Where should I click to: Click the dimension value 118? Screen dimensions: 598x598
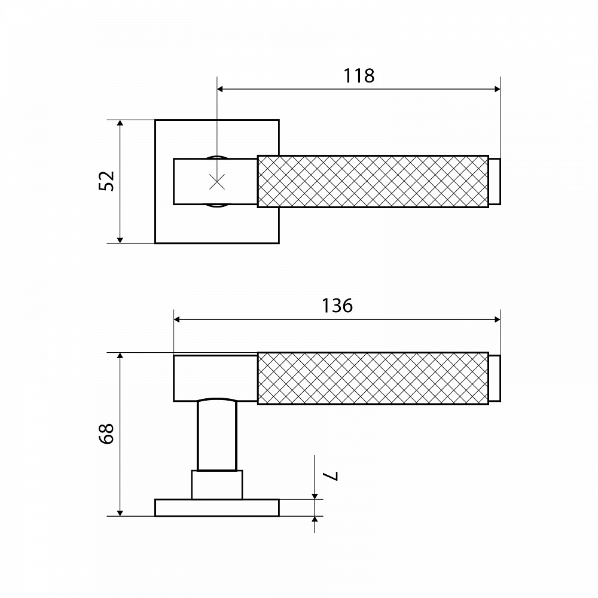[x=359, y=76]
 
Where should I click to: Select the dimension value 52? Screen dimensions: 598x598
[x=107, y=181]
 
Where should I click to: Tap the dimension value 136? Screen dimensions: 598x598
[x=337, y=306]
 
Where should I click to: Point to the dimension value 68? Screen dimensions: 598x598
[x=107, y=433]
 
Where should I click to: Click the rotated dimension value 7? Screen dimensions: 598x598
[x=330, y=476]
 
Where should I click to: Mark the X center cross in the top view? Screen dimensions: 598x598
[x=218, y=182]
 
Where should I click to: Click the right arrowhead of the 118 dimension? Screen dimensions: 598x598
[x=497, y=89]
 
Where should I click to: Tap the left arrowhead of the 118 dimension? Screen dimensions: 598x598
[x=221, y=89]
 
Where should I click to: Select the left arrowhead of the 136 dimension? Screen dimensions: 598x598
[x=177, y=319]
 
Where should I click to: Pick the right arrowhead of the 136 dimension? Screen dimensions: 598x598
[x=497, y=319]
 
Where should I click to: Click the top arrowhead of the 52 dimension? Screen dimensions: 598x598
[x=120, y=123]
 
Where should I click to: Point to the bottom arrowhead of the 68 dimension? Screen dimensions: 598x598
[x=120, y=512]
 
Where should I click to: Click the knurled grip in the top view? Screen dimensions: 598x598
[x=373, y=182]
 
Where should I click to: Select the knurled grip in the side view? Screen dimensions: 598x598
[x=373, y=379]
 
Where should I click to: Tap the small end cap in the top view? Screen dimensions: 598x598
[x=495, y=182]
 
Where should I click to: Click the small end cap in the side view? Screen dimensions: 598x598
[x=495, y=379]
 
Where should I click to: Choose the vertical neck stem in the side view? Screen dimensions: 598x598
[x=218, y=435]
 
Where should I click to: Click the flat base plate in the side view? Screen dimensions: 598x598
[x=217, y=508]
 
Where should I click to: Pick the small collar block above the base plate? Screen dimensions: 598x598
[x=217, y=485]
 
